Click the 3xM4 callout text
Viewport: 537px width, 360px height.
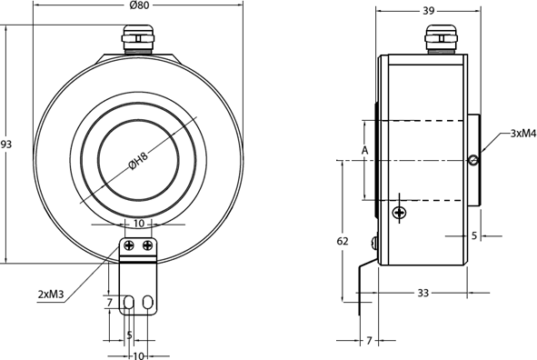522,133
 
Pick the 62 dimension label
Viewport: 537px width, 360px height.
342,242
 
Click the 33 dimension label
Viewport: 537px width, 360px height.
423,294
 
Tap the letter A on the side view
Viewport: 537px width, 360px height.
363,150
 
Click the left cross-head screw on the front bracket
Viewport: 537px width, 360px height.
129,245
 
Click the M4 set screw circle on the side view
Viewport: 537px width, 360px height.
473,162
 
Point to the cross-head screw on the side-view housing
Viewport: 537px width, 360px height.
399,213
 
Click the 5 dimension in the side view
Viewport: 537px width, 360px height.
474,235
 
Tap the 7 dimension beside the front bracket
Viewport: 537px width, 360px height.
109,301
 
